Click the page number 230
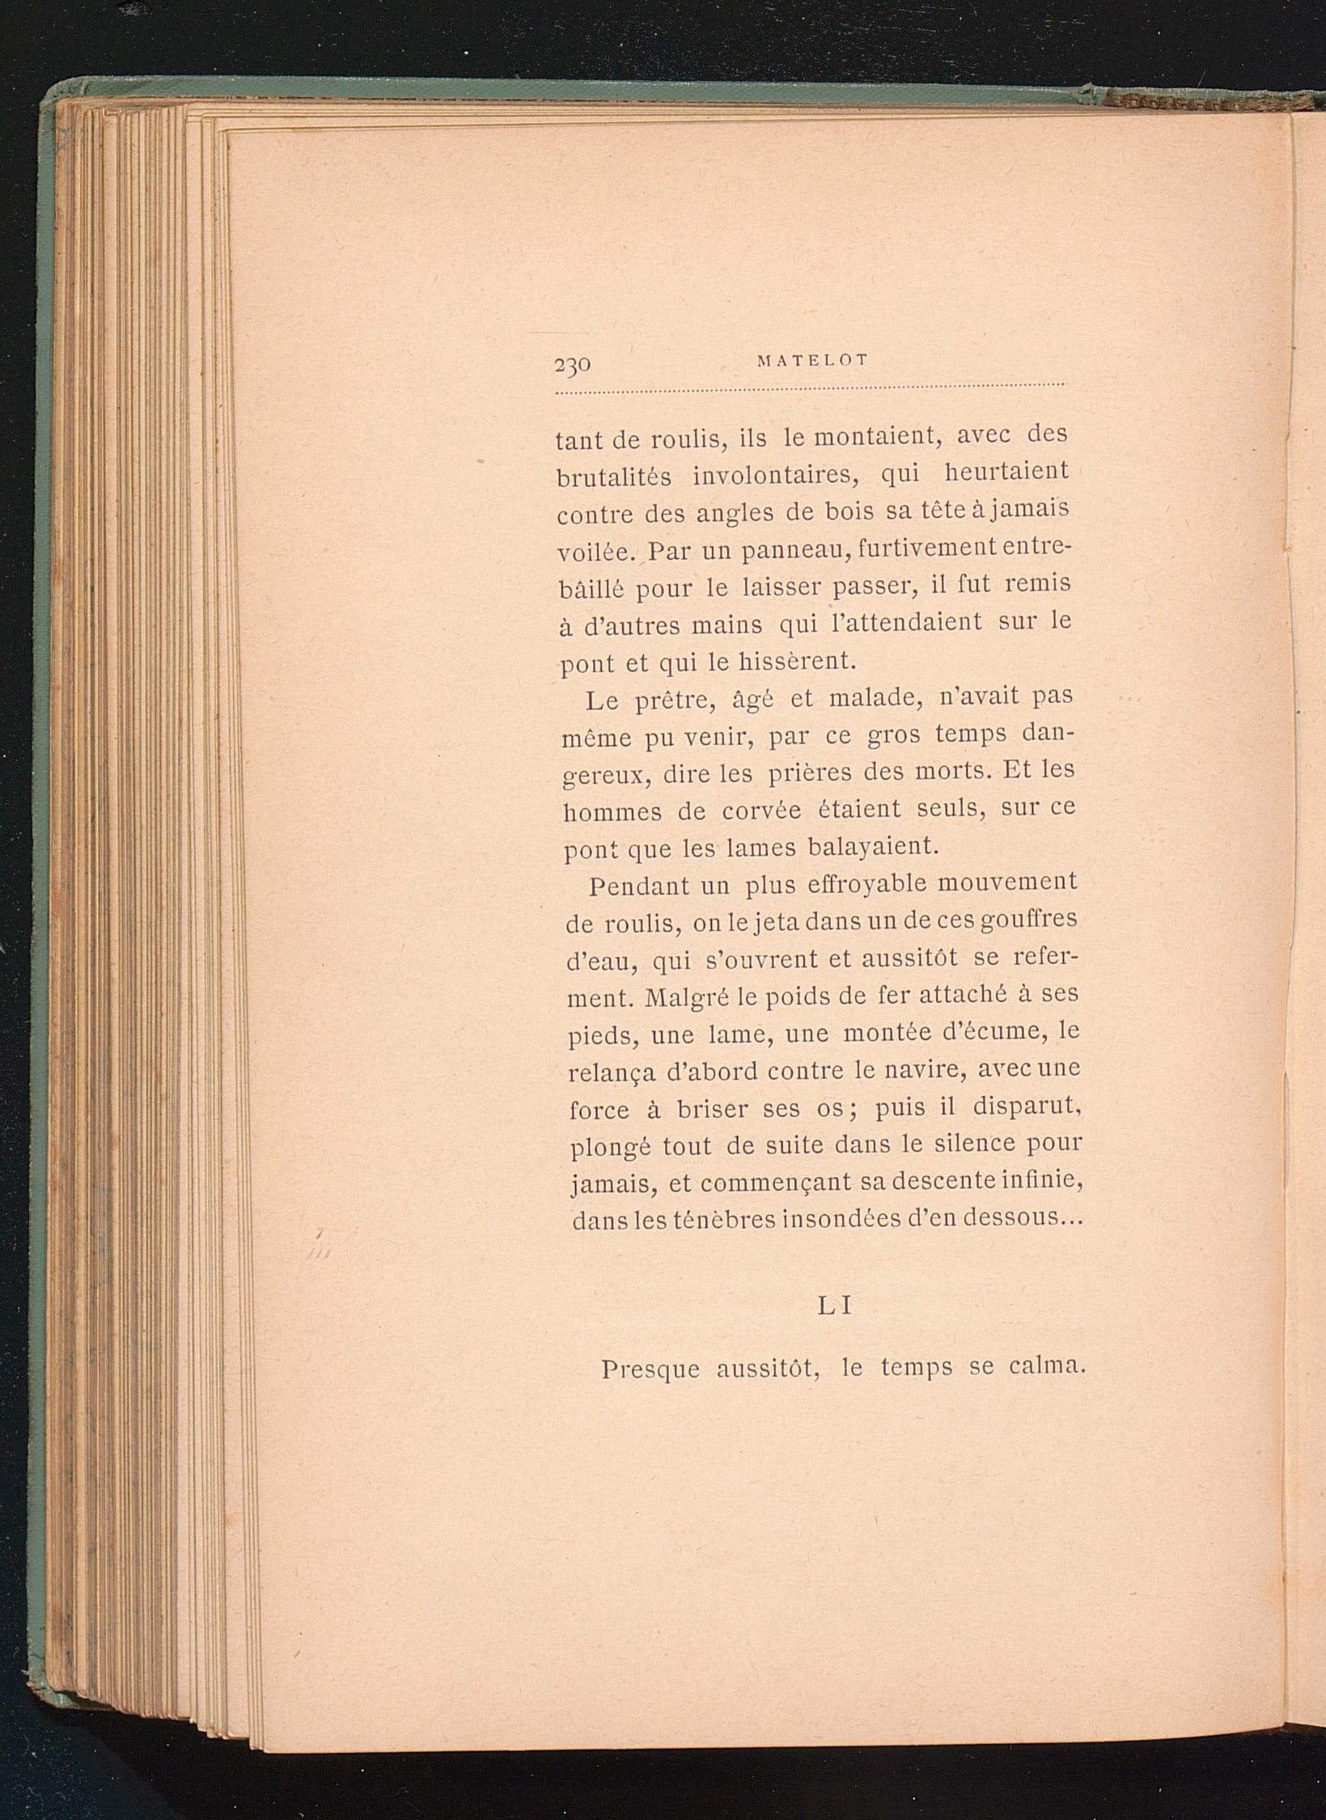coord(573,364)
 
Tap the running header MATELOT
coord(811,362)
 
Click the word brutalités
coord(613,477)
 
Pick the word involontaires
coord(774,475)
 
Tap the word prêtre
coord(672,699)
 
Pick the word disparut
coord(1027,1107)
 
